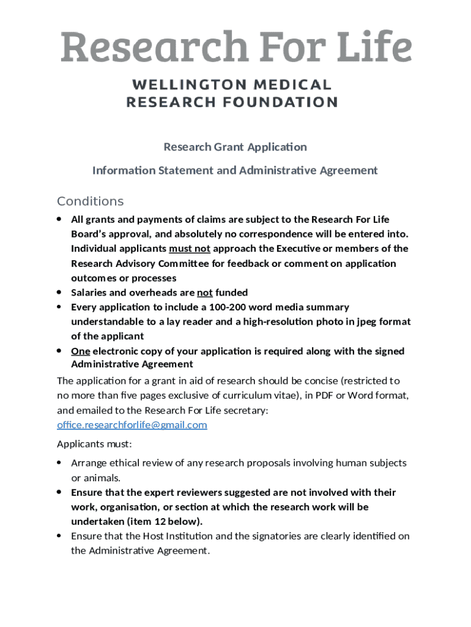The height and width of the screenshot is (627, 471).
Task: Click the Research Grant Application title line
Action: pyautogui.click(x=235, y=147)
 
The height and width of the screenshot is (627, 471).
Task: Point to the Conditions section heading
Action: pyautogui.click(x=90, y=201)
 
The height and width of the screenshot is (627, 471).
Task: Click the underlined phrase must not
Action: pyautogui.click(x=190, y=249)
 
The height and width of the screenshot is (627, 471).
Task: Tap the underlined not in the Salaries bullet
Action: pyautogui.click(x=204, y=293)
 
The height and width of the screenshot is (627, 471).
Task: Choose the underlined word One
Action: pyautogui.click(x=80, y=351)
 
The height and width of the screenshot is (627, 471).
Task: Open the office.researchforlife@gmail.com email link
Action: pyautogui.click(x=132, y=425)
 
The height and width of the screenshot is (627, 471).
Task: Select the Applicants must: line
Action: pyautogui.click(x=94, y=444)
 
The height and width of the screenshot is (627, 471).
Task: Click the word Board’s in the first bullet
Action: pyautogui.click(x=91, y=234)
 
